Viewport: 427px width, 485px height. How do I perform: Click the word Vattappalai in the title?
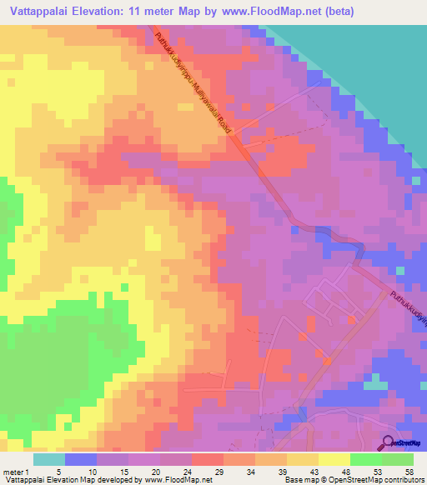coord(38,11)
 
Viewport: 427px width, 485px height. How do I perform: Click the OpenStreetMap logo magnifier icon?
coord(388,442)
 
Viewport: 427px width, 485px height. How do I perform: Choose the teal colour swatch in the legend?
coord(49,459)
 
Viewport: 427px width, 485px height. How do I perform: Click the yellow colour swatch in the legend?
coord(334,459)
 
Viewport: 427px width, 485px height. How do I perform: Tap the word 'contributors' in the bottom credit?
coord(406,481)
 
